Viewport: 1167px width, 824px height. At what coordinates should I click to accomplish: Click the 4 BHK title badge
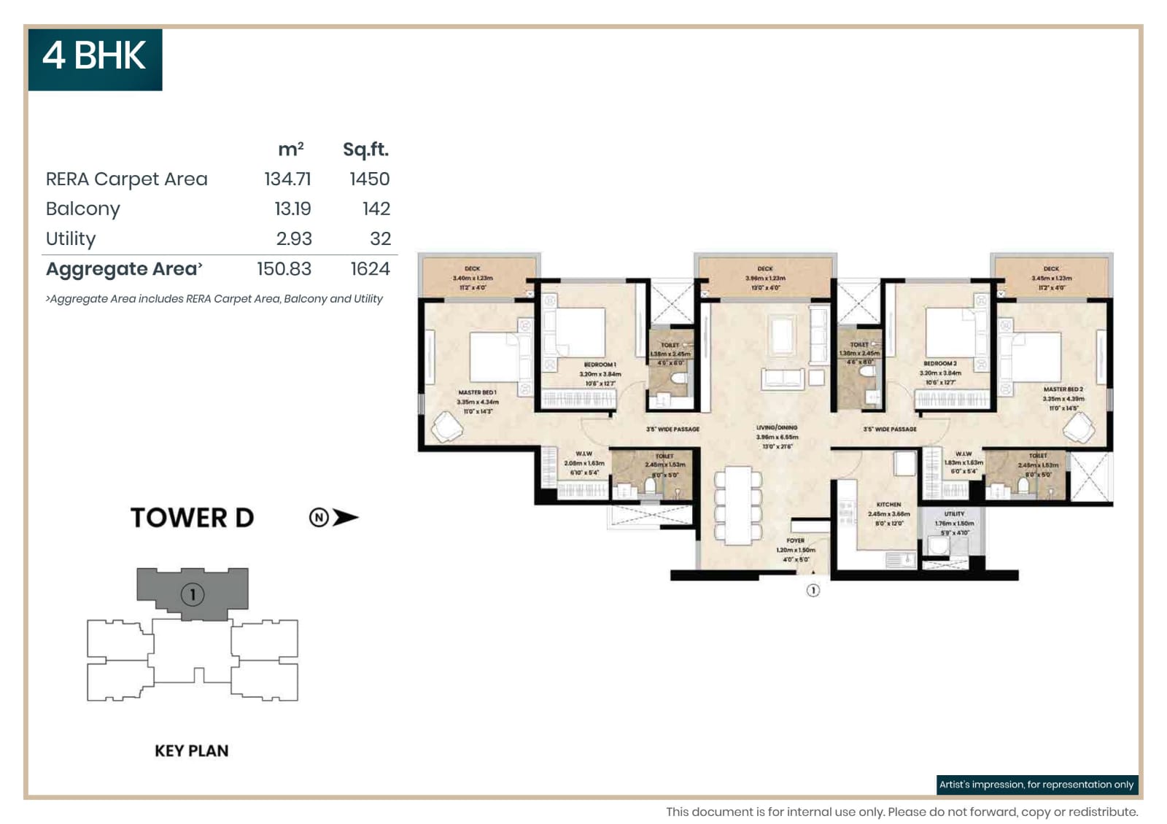click(x=95, y=58)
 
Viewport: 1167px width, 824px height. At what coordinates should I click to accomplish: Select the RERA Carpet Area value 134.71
click(x=287, y=179)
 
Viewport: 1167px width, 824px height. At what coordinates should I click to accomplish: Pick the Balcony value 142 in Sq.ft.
click(x=376, y=209)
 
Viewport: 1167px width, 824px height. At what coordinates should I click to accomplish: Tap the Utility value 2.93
click(x=293, y=239)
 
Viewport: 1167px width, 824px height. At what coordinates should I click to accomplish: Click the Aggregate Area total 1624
click(x=370, y=269)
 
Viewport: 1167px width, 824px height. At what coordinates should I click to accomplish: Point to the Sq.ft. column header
click(x=365, y=149)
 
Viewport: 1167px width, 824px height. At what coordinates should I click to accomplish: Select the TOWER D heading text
click(x=193, y=518)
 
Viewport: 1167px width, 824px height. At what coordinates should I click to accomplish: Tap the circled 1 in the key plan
click(x=193, y=595)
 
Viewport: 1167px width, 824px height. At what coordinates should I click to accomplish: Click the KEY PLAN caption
click(x=191, y=751)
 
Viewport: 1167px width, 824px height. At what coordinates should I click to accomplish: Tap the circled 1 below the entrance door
click(x=813, y=591)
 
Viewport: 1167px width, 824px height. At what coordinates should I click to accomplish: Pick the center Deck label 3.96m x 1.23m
click(x=764, y=278)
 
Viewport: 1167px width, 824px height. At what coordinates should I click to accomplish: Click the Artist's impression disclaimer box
click(x=1036, y=785)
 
